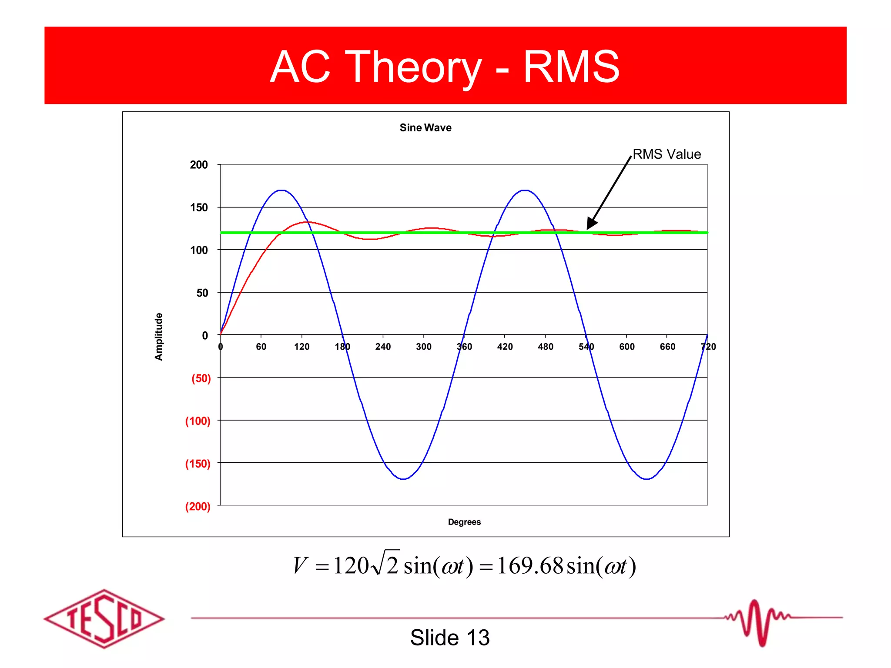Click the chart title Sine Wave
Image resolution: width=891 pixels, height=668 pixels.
pos(425,127)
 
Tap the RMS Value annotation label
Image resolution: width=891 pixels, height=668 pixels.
pos(667,154)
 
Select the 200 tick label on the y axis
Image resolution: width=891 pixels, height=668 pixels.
pos(199,165)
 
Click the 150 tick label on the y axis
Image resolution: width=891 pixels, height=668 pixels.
pos(199,207)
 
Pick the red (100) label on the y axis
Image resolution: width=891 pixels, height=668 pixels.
pos(198,421)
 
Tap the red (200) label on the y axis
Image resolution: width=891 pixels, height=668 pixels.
pos(198,506)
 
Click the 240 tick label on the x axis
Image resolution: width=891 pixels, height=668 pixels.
pos(383,347)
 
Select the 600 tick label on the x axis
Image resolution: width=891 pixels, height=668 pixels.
pos(627,347)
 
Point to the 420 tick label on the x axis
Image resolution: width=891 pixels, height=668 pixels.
pos(505,347)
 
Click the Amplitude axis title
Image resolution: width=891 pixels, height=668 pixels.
pos(159,337)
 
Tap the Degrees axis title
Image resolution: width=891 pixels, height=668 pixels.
pos(464,522)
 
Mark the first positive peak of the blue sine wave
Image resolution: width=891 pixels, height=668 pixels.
pos(282,190)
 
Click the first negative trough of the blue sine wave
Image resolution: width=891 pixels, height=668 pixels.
pos(404,479)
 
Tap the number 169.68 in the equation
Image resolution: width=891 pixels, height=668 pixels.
pos(530,566)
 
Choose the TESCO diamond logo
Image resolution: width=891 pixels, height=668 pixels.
pos(104,618)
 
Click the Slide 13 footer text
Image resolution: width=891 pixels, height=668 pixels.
pos(450,638)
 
